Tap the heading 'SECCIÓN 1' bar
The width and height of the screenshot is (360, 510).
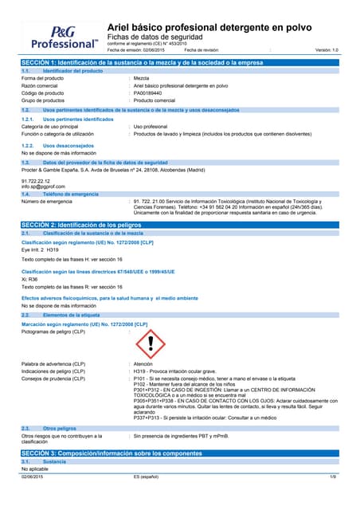point(180,62)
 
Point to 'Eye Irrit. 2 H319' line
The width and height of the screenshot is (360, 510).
point(40,249)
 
